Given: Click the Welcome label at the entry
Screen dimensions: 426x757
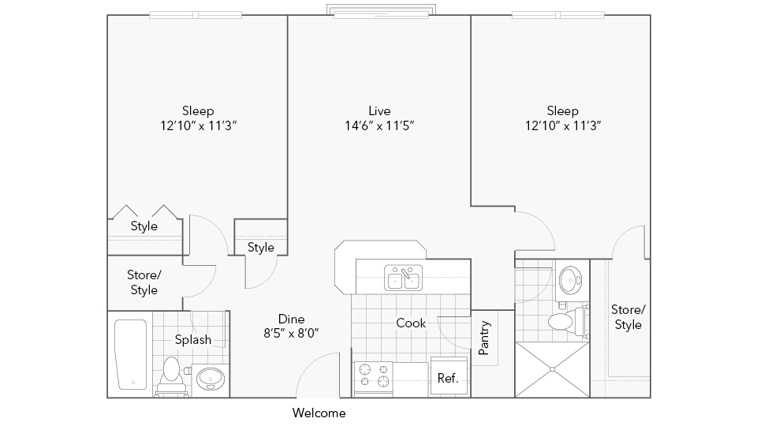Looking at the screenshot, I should [x=319, y=413].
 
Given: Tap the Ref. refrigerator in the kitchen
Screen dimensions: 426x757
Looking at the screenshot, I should [x=448, y=378].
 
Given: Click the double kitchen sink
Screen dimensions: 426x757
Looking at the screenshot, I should [x=403, y=278].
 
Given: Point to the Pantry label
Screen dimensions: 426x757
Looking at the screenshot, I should [x=485, y=337].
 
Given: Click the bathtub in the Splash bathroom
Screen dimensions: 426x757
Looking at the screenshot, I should [x=130, y=354].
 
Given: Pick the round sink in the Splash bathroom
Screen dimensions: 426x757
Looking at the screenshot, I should [x=210, y=379].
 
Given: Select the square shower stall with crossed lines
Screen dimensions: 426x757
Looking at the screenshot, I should [x=552, y=369].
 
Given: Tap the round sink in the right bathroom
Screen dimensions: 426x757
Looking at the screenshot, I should [x=569, y=278].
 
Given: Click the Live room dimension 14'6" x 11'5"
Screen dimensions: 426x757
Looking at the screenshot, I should [x=379, y=125].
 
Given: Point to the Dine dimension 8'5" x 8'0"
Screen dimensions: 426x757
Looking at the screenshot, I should [x=291, y=333].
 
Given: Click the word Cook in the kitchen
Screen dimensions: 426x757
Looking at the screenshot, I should [x=411, y=323].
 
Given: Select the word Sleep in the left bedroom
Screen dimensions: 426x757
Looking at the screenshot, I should [x=198, y=111].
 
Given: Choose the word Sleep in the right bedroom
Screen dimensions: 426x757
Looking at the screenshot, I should [x=563, y=111].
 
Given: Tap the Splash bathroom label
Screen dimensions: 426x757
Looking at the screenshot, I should [x=192, y=340].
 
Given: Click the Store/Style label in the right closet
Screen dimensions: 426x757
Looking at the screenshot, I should [x=628, y=317].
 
